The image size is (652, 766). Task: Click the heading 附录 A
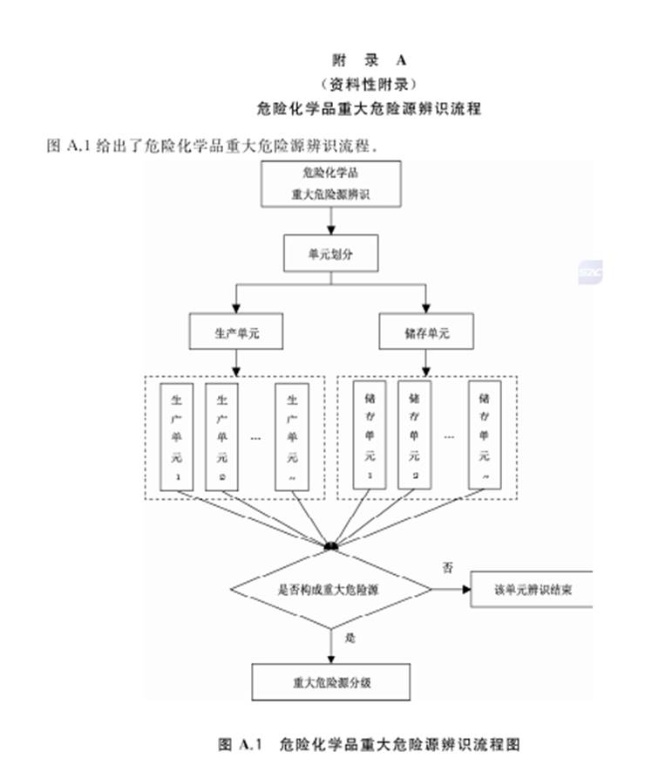[x=370, y=60]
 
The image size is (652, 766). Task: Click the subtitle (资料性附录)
[x=370, y=85]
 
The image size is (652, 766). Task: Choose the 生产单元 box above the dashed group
[x=236, y=332]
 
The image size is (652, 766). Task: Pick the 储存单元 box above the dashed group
[x=426, y=332]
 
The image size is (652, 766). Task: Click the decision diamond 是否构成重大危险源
[x=329, y=590]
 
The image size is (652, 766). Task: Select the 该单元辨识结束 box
[x=532, y=590]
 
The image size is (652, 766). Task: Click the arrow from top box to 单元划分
[x=330, y=221]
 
